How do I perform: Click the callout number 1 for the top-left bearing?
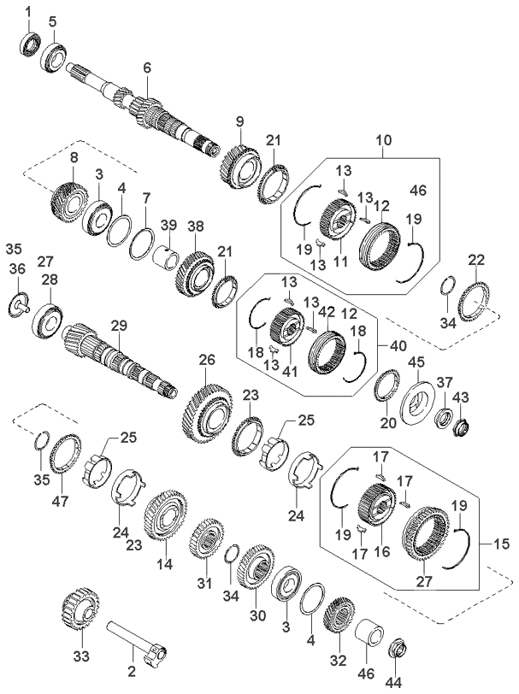tap(27, 10)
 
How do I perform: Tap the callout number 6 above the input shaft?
tap(146, 67)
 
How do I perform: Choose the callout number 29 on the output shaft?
tap(119, 325)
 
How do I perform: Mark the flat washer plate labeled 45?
tap(420, 397)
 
